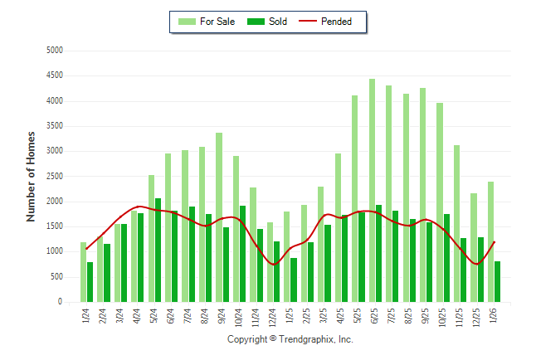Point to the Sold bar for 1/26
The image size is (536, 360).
pyautogui.click(x=498, y=282)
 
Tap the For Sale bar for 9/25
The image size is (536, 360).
pyautogui.click(x=423, y=195)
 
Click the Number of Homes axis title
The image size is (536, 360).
pyautogui.click(x=32, y=176)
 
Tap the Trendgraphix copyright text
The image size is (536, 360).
pyautogui.click(x=290, y=339)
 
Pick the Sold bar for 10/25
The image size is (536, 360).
pyautogui.click(x=446, y=258)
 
